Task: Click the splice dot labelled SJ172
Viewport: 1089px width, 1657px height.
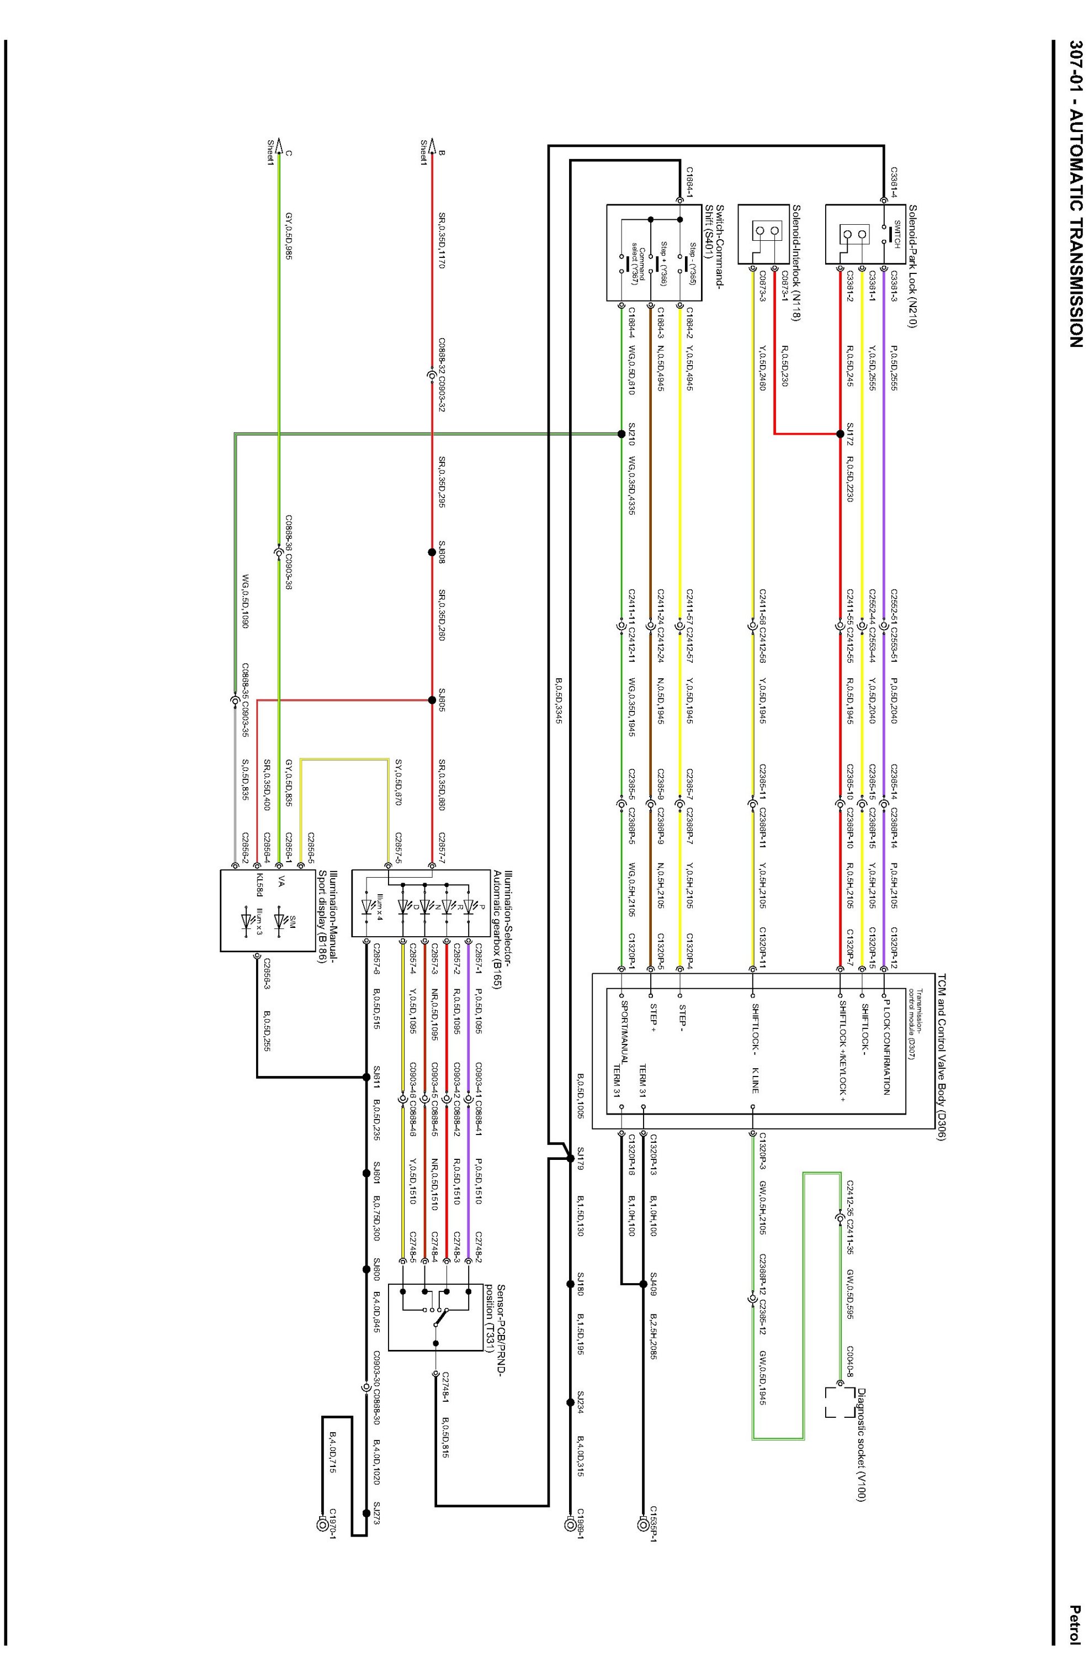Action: [x=840, y=434]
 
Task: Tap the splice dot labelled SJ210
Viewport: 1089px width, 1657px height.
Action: [x=621, y=434]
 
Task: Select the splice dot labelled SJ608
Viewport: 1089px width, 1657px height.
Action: [x=432, y=552]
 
